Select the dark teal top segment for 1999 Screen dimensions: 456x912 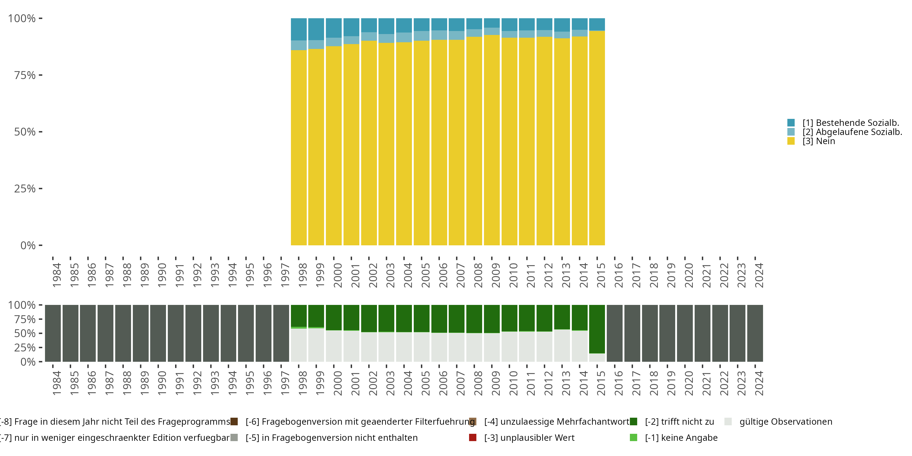(x=316, y=29)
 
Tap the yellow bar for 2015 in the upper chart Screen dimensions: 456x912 (x=597, y=138)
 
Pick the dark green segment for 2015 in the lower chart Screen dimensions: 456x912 (x=597, y=329)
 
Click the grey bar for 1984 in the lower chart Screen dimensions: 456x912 (x=53, y=333)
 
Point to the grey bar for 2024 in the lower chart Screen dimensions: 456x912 (x=755, y=333)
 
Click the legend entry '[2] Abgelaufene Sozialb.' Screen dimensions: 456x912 (x=852, y=132)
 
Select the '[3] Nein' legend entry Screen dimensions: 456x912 (x=819, y=141)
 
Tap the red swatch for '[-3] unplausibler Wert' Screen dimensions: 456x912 (x=473, y=437)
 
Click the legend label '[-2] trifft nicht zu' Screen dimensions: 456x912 (x=679, y=422)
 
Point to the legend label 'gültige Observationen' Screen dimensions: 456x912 (x=786, y=422)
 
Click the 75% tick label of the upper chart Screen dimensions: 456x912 (x=25, y=75)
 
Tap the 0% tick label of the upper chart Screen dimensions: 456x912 (x=28, y=245)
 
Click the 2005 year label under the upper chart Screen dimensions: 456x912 (x=425, y=275)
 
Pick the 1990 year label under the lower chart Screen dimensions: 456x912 (x=162, y=383)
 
